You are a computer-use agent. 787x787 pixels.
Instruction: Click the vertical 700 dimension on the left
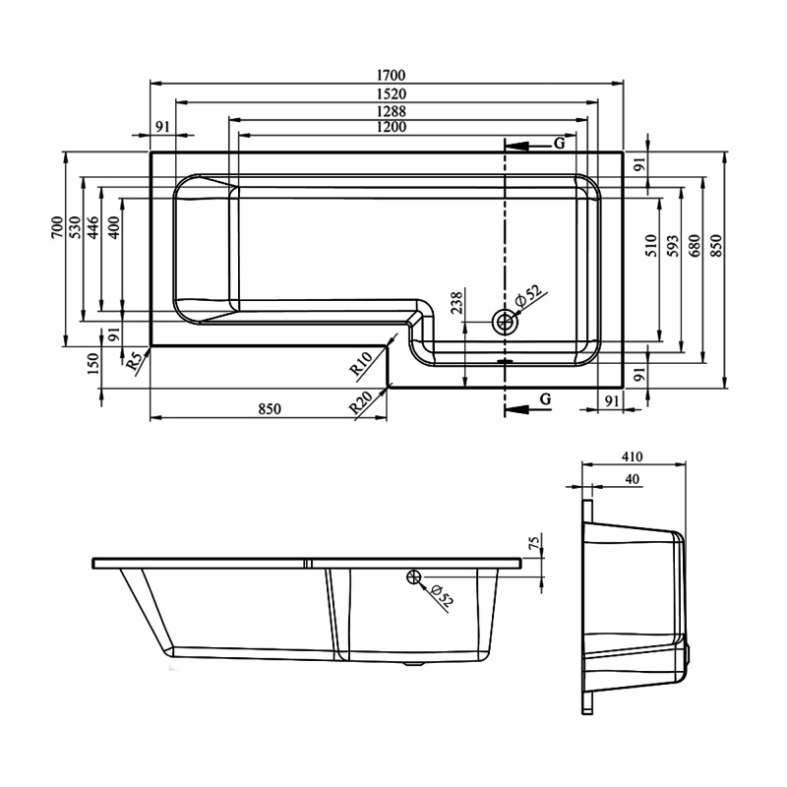(57, 229)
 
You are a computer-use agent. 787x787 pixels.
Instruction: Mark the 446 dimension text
(92, 229)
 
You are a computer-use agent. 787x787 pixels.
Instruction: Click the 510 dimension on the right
(650, 246)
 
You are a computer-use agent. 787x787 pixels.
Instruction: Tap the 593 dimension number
(671, 246)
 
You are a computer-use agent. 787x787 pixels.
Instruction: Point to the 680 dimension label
(695, 246)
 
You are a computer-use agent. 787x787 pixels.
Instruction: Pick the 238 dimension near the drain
(454, 304)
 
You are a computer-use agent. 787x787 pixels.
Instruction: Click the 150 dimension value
(92, 363)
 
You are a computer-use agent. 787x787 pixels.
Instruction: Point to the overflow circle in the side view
(414, 577)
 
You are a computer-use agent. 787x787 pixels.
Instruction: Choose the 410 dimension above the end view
(632, 456)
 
